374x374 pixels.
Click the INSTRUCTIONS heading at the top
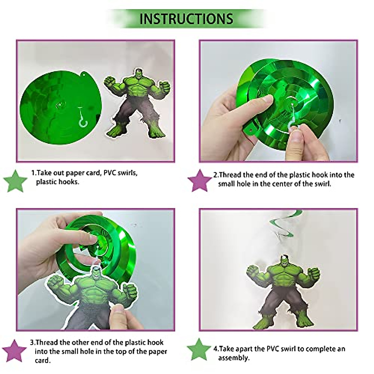(186, 19)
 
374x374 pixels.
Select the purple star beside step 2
(200, 180)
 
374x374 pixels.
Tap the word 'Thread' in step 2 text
(230, 175)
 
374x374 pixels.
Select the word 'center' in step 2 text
(282, 184)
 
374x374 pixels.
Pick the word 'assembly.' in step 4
(234, 358)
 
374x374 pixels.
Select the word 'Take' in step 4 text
(228, 349)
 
